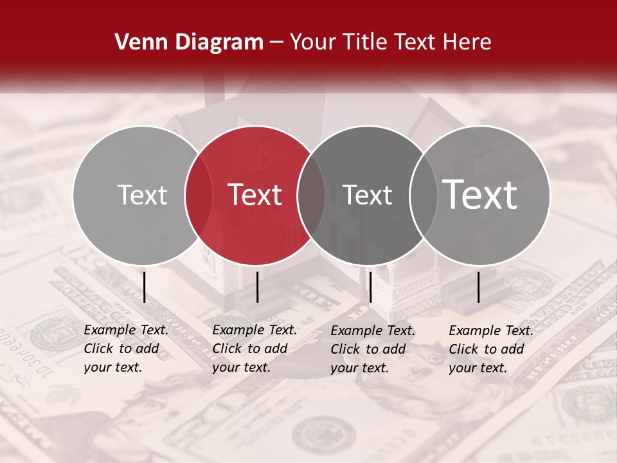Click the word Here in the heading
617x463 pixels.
(x=468, y=42)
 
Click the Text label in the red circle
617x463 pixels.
(x=255, y=195)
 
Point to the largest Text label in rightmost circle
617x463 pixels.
(x=480, y=195)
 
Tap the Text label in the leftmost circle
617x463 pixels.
(x=142, y=195)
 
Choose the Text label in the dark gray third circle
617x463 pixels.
(x=368, y=195)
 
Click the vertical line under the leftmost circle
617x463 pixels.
(x=144, y=287)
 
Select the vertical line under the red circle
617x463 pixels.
(x=257, y=287)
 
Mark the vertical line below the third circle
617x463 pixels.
(x=371, y=287)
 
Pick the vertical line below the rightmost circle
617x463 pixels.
(x=479, y=287)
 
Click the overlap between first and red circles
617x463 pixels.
(x=199, y=195)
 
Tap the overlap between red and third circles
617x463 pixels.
(x=311, y=195)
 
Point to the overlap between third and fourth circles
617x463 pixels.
(x=424, y=195)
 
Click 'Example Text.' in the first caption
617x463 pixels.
(x=126, y=330)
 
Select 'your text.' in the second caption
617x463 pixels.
(x=241, y=367)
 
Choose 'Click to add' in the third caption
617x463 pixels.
(x=368, y=349)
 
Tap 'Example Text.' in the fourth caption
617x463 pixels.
(x=491, y=331)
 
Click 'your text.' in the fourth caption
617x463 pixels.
(x=478, y=368)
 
